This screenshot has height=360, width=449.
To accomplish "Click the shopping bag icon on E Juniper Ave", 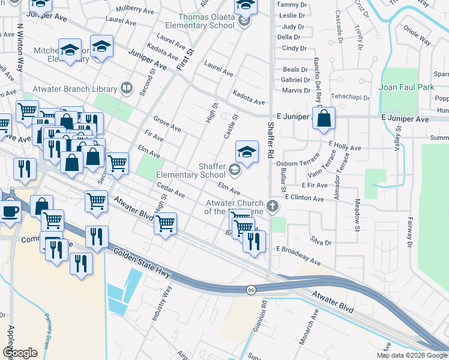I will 324,119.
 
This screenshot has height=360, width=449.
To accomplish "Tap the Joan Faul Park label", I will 406,87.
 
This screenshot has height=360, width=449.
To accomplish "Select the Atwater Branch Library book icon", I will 126,88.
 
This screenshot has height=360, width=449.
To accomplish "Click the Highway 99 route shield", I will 250,290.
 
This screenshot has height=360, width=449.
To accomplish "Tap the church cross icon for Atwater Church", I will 273,206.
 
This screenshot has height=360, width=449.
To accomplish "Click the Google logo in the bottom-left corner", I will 20,353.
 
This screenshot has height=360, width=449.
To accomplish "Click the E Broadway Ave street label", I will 298,254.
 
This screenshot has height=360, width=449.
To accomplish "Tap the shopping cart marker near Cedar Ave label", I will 165,224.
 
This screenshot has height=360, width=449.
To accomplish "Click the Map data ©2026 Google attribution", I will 411,355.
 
